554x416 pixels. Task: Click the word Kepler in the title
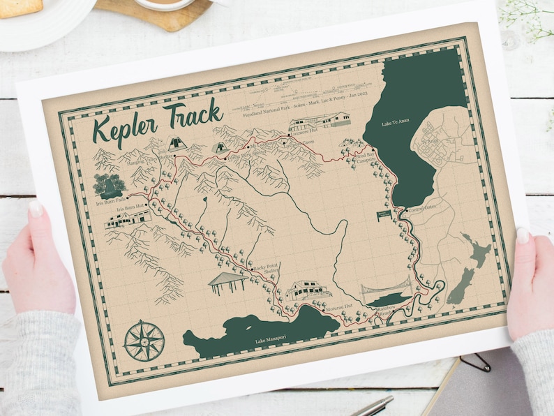(126, 129)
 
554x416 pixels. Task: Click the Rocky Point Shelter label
(264, 271)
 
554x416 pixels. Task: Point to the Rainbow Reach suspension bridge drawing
(386, 291)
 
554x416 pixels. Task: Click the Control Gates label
(423, 209)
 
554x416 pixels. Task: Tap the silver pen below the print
(373, 406)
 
